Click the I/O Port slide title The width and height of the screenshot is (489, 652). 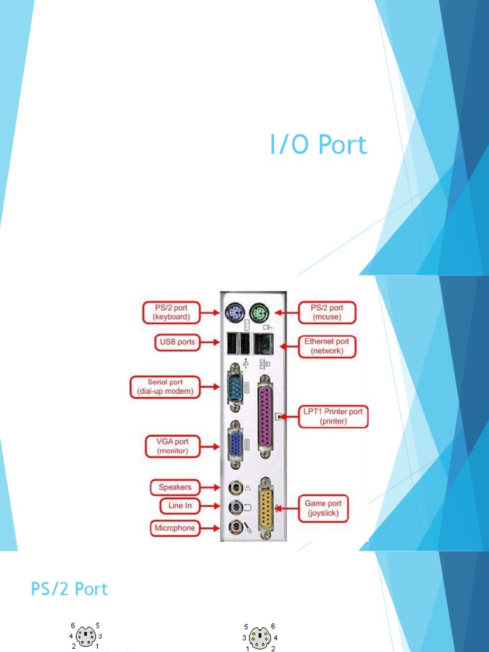pos(318,145)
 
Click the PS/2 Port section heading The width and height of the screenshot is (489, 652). pos(69,589)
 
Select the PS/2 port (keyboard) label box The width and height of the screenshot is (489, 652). pos(170,313)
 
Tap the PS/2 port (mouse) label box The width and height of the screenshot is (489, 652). pos(327,313)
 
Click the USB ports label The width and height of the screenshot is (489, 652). pos(176,342)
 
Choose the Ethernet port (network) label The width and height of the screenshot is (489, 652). pos(327,346)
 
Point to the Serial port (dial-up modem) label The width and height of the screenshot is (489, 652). pos(166,386)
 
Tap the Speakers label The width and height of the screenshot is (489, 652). pos(175,488)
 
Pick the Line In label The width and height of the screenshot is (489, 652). pos(180,506)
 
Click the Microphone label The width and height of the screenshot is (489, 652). pos(174,528)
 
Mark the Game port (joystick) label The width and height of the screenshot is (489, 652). pos(323,508)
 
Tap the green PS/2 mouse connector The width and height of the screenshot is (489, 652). pos(259,312)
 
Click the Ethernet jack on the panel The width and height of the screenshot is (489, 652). pos(262,344)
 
